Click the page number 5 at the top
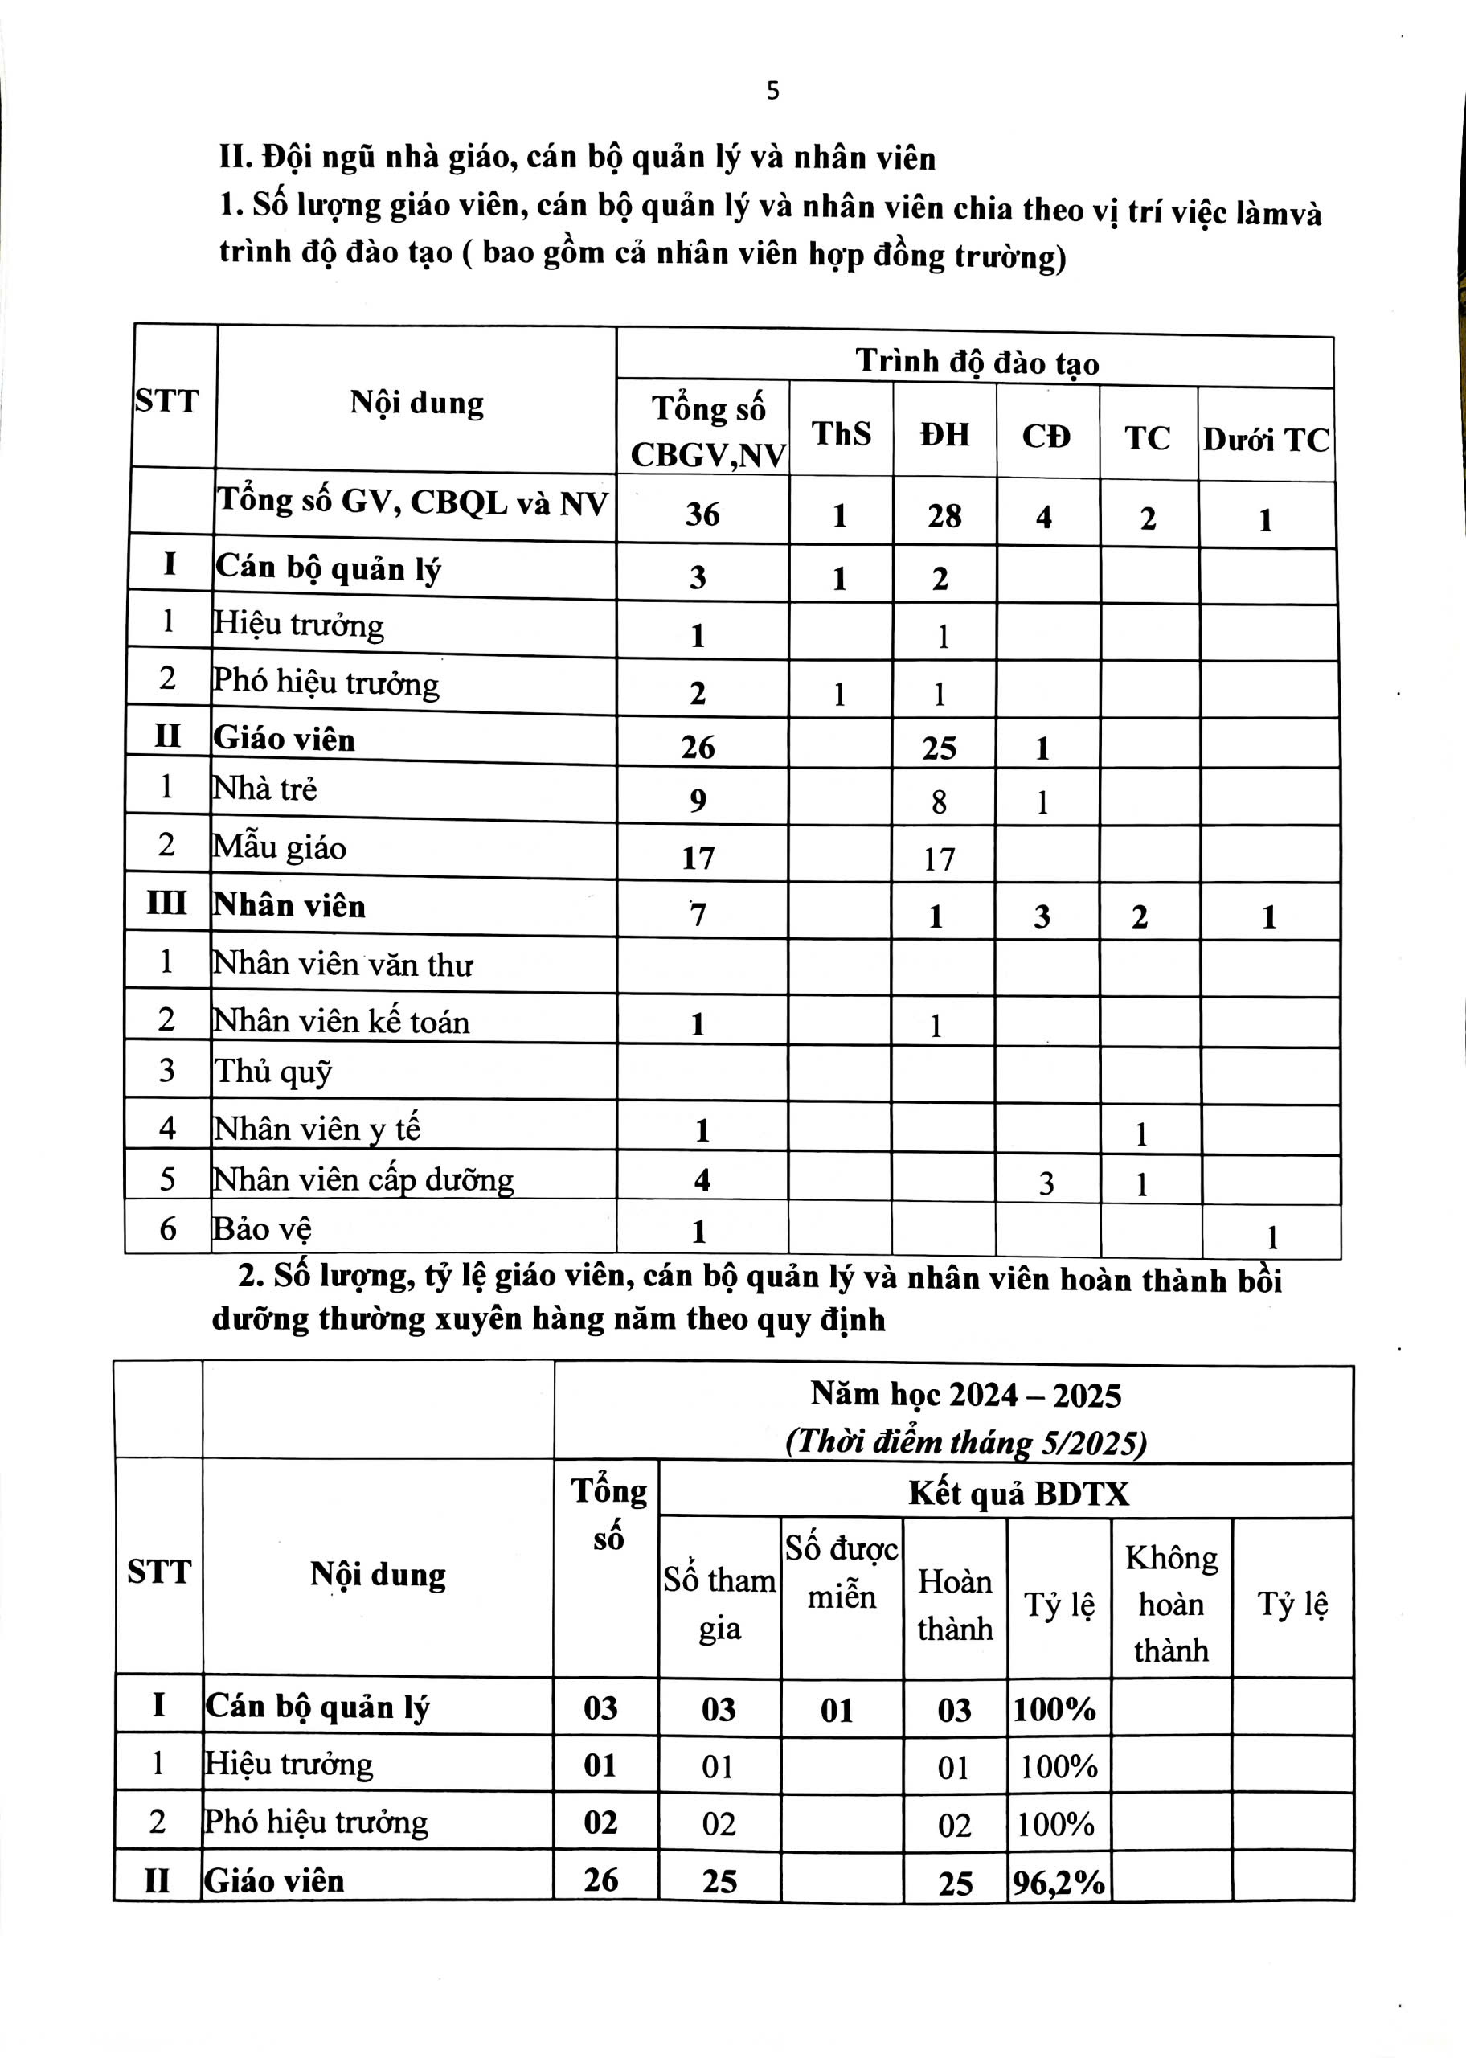[x=772, y=91]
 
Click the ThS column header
[x=841, y=434]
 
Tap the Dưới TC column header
[x=1266, y=440]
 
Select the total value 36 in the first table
[x=702, y=514]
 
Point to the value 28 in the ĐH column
[x=944, y=516]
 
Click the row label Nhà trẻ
[x=264, y=789]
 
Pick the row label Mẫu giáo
[x=279, y=847]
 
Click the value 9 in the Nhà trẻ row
[x=698, y=801]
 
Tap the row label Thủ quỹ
[x=273, y=1072]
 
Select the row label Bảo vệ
[x=262, y=1228]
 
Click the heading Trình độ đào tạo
[x=977, y=362]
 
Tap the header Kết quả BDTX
[x=1018, y=1493]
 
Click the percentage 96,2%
[x=1058, y=1881]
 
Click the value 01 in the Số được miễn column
[x=837, y=1710]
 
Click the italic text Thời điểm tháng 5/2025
[x=966, y=1441]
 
